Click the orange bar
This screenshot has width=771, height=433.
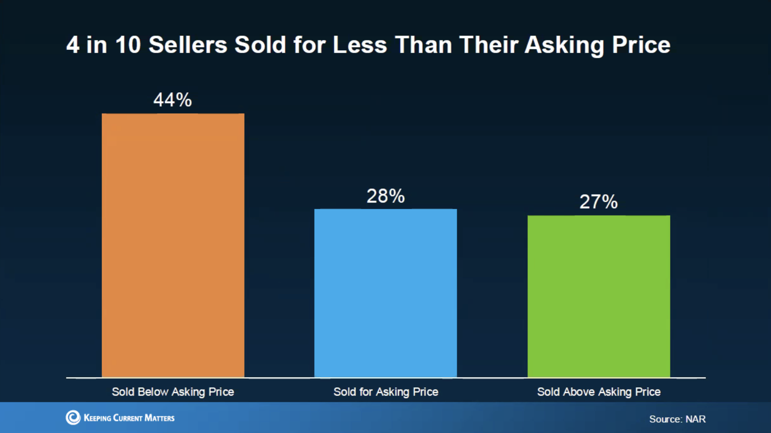pos(173,245)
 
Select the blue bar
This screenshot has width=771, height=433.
pos(385,293)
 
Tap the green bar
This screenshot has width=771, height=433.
pos(599,296)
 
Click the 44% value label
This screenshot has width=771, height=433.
pos(172,100)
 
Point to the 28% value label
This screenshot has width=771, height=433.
pos(385,196)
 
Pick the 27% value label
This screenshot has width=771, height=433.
pos(599,202)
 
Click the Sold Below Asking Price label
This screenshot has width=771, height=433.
pos(173,392)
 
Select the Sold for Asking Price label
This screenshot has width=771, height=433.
pos(385,392)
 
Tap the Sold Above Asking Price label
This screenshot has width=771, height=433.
pos(599,392)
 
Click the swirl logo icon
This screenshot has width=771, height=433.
pos(73,417)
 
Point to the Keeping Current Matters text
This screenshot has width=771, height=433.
pos(129,418)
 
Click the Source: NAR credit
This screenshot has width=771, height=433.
pos(677,419)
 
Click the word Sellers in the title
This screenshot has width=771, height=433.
pos(188,45)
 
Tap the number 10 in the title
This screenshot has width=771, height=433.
pos(128,45)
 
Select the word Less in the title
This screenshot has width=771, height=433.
pos(360,45)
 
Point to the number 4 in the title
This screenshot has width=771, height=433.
pos(73,45)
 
